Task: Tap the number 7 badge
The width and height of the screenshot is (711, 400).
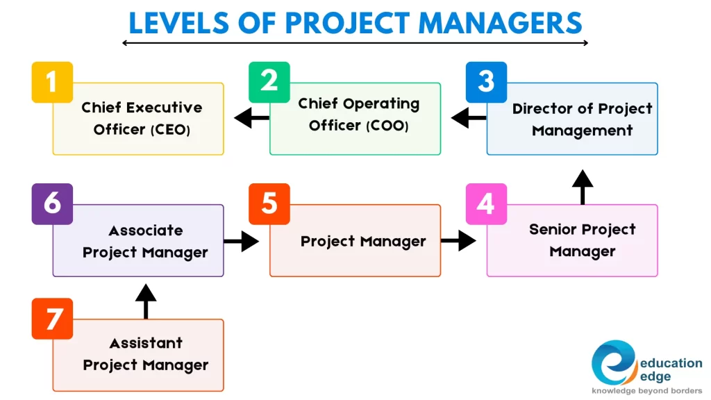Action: click(x=52, y=319)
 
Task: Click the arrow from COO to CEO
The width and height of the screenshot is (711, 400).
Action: click(x=251, y=118)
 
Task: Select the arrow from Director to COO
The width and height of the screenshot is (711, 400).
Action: click(x=469, y=118)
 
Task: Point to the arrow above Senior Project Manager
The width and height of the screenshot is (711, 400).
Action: click(x=583, y=187)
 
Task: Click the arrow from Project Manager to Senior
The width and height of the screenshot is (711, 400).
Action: click(x=458, y=241)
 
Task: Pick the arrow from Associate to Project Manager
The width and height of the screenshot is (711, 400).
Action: click(x=241, y=241)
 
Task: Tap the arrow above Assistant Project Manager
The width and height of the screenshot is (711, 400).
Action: click(x=146, y=301)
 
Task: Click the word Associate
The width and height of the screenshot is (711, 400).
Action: click(x=146, y=231)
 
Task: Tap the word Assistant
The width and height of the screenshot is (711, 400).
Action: click(x=146, y=343)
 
